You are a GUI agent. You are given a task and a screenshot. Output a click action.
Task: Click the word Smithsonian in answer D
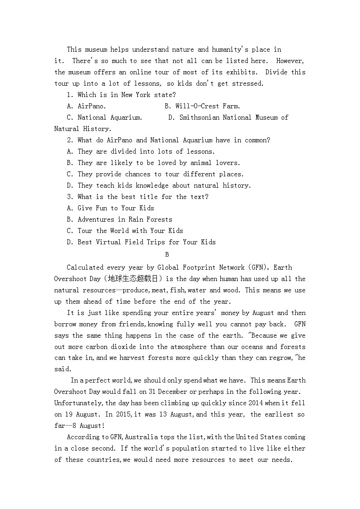click(x=199, y=117)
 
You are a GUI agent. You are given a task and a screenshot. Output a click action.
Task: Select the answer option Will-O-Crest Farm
click(x=208, y=106)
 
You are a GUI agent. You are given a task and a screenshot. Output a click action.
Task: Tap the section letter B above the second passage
click(x=167, y=255)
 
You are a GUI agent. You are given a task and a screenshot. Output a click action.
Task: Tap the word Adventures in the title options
click(x=96, y=219)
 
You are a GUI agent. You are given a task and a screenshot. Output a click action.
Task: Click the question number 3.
click(x=69, y=197)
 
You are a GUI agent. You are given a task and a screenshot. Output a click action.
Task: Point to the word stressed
click(x=247, y=83)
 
